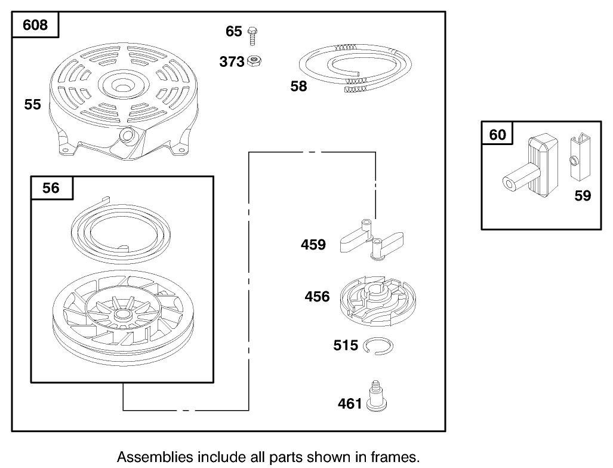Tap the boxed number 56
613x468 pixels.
point(51,188)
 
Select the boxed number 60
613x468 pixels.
point(497,135)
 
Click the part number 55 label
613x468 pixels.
point(32,104)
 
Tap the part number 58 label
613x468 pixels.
point(298,87)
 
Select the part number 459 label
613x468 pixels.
point(313,245)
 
